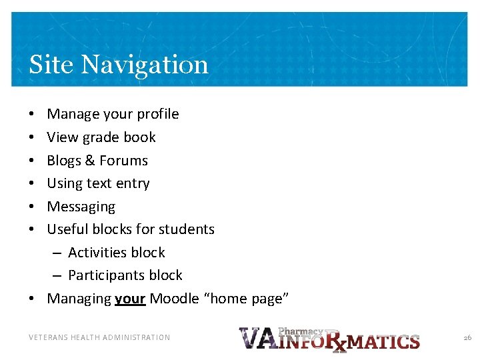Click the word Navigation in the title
pyautogui.click(x=145, y=65)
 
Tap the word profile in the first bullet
pyautogui.click(x=158, y=114)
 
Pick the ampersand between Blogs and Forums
pyautogui.click(x=91, y=161)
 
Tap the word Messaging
pyautogui.click(x=81, y=207)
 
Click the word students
pyautogui.click(x=186, y=229)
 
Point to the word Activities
pyautogui.click(x=99, y=253)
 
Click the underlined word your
pyautogui.click(x=130, y=299)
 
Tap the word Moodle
pyautogui.click(x=174, y=299)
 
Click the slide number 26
pyautogui.click(x=467, y=338)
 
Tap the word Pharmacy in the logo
pyautogui.click(x=300, y=331)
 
